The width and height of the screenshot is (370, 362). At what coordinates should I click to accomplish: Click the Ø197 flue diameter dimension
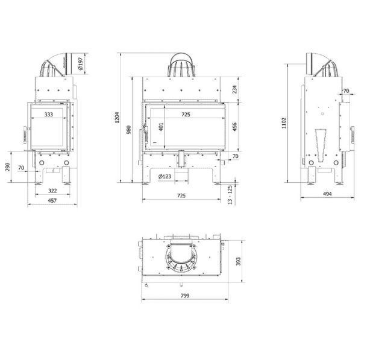click(x=81, y=63)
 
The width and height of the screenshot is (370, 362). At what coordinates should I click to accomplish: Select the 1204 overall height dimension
click(x=117, y=118)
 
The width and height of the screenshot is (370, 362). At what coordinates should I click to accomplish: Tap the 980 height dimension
click(x=128, y=130)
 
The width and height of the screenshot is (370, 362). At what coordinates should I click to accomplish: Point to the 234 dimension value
click(x=234, y=89)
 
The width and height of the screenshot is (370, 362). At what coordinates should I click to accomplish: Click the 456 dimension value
click(x=234, y=127)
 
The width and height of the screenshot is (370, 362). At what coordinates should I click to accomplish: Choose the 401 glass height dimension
click(x=161, y=127)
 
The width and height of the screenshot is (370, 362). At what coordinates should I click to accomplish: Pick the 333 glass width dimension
click(x=49, y=115)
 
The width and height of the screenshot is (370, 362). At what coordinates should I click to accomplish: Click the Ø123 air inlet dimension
click(x=165, y=176)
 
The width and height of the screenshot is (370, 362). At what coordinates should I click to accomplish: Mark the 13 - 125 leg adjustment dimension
click(x=230, y=195)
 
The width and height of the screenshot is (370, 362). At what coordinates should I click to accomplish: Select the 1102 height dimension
click(x=284, y=123)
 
